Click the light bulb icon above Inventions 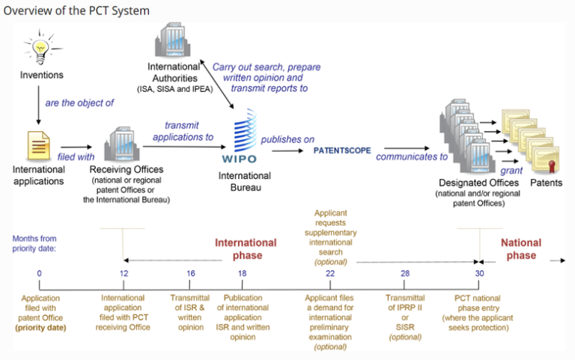click(36, 47)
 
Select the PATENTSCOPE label click(342, 150)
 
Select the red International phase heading click(246, 249)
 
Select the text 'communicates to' click(412, 157)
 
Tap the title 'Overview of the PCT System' click(76, 10)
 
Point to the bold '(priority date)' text click(40, 327)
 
